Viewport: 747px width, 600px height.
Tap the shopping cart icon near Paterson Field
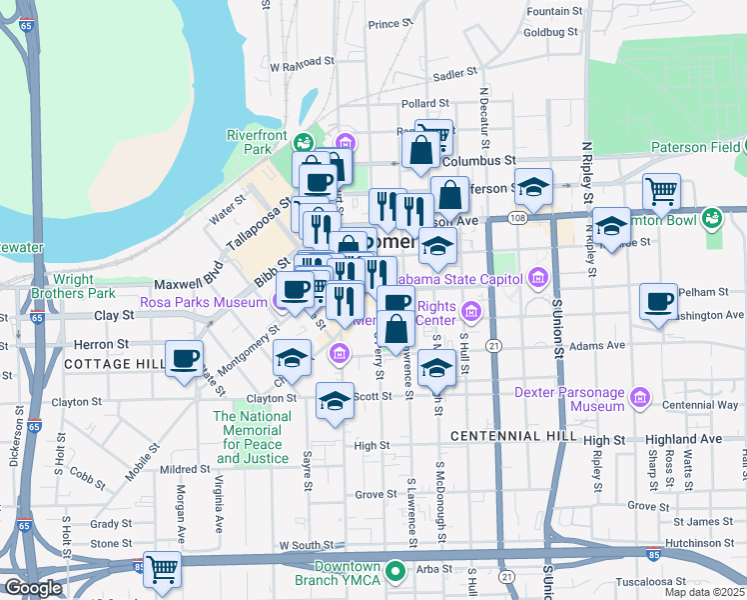pyautogui.click(x=661, y=191)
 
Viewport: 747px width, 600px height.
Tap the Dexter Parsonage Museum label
pyautogui.click(x=569, y=400)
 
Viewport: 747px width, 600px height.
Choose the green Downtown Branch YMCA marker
pyautogui.click(x=395, y=573)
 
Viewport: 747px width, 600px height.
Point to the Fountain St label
pyautogui.click(x=553, y=11)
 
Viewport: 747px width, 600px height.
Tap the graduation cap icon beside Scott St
pyautogui.click(x=335, y=401)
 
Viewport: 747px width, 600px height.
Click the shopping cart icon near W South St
pyautogui.click(x=162, y=570)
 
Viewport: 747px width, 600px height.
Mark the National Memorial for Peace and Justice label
pyautogui.click(x=253, y=437)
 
